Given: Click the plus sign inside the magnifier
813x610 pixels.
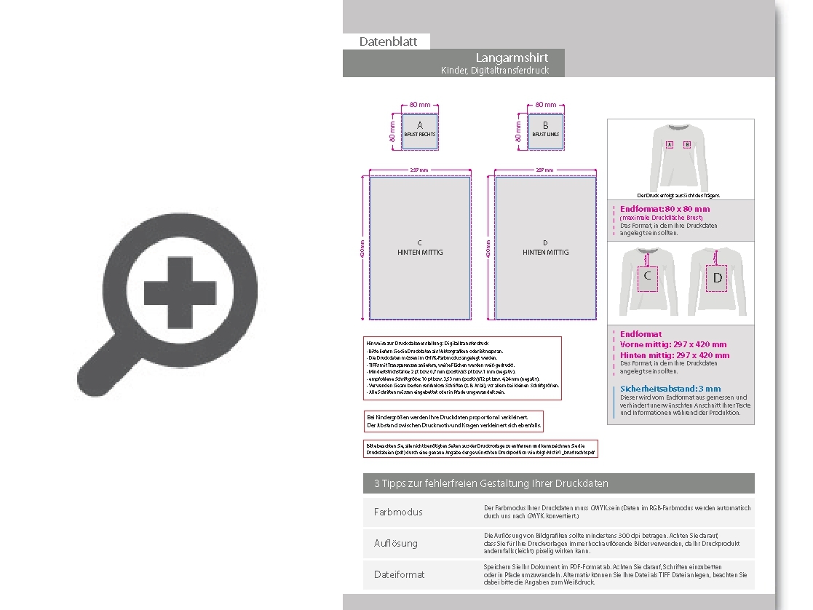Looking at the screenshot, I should pos(180,284).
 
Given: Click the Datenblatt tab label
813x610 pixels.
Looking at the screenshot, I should pos(388,41).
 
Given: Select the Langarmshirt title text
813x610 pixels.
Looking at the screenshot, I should pos(512,58).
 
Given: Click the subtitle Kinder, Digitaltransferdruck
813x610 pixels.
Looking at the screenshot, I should pos(494,71).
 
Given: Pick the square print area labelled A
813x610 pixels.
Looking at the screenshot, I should pos(420,131).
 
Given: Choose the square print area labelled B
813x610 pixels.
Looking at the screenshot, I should pos(545,131).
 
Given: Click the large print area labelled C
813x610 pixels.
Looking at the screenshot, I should pos(420,247).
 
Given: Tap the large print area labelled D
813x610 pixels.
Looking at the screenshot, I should pos(545,247).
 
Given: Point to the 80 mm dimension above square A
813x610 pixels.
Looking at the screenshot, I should pos(420,105).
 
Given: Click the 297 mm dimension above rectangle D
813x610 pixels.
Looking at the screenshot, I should pos(545,170).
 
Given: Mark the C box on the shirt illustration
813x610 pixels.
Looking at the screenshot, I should pos(646,277).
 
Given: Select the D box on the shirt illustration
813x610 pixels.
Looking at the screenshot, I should pos(718,278).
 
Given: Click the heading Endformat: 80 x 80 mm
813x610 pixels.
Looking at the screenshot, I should pos(665,209).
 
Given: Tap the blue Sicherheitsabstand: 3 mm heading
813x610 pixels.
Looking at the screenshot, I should pos(670,389).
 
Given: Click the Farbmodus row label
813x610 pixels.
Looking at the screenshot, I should pos(398,512).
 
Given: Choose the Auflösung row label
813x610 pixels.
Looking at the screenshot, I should pos(396,543).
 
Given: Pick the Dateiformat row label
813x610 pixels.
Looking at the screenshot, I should pos(399,574).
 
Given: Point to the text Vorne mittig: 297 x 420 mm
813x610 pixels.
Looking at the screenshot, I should pos(673,344).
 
